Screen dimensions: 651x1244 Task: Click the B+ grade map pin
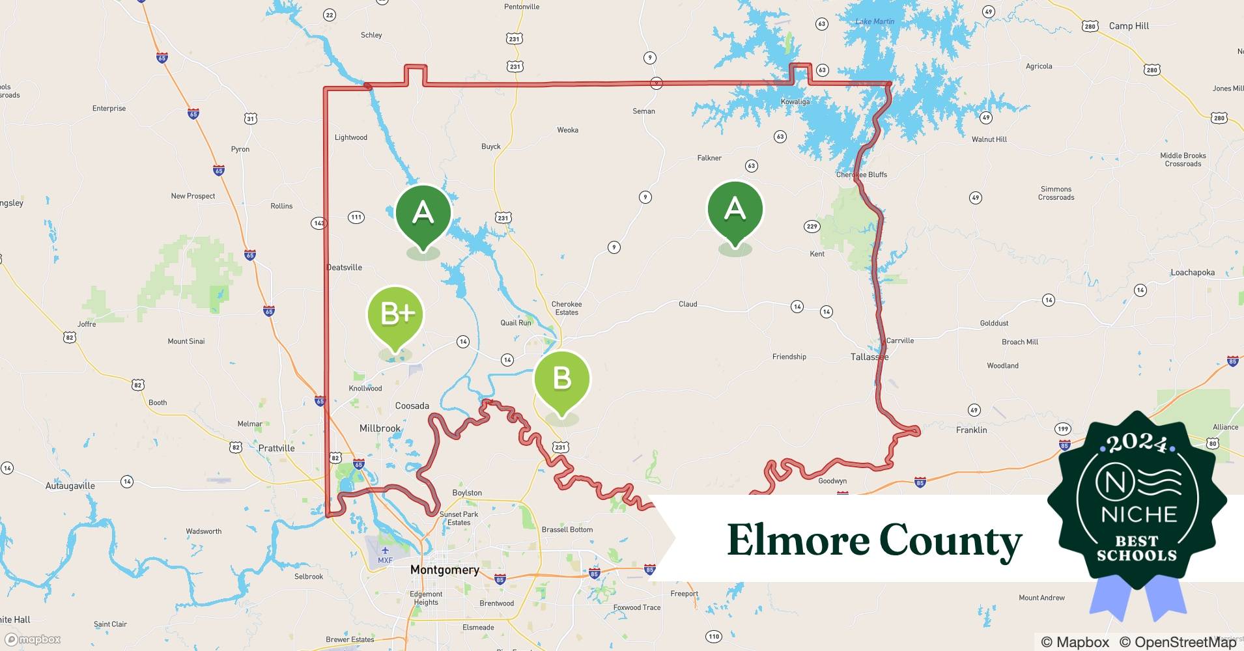pyautogui.click(x=395, y=315)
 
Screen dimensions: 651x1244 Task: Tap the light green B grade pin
pyautogui.click(x=561, y=379)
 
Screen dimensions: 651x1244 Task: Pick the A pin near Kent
pyautogui.click(x=735, y=210)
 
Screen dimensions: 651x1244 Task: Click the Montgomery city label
pyautogui.click(x=445, y=570)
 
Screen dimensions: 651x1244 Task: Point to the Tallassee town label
pyautogui.click(x=869, y=357)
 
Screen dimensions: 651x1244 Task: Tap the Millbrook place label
pyautogui.click(x=380, y=428)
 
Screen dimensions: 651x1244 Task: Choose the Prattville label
pyautogui.click(x=276, y=448)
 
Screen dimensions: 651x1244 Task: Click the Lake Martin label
pyautogui.click(x=875, y=21)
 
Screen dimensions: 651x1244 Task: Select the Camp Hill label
pyautogui.click(x=1129, y=26)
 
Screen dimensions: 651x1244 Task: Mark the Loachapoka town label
pyautogui.click(x=1193, y=272)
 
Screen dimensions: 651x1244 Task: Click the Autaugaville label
pyautogui.click(x=70, y=486)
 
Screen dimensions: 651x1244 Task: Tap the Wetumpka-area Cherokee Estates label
pyautogui.click(x=567, y=308)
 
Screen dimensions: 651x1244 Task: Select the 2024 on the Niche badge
pyautogui.click(x=1137, y=443)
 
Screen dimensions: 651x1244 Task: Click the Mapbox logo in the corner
pyautogui.click(x=33, y=639)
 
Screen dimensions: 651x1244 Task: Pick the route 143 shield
pyautogui.click(x=318, y=223)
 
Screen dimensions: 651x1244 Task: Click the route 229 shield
pyautogui.click(x=812, y=227)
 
